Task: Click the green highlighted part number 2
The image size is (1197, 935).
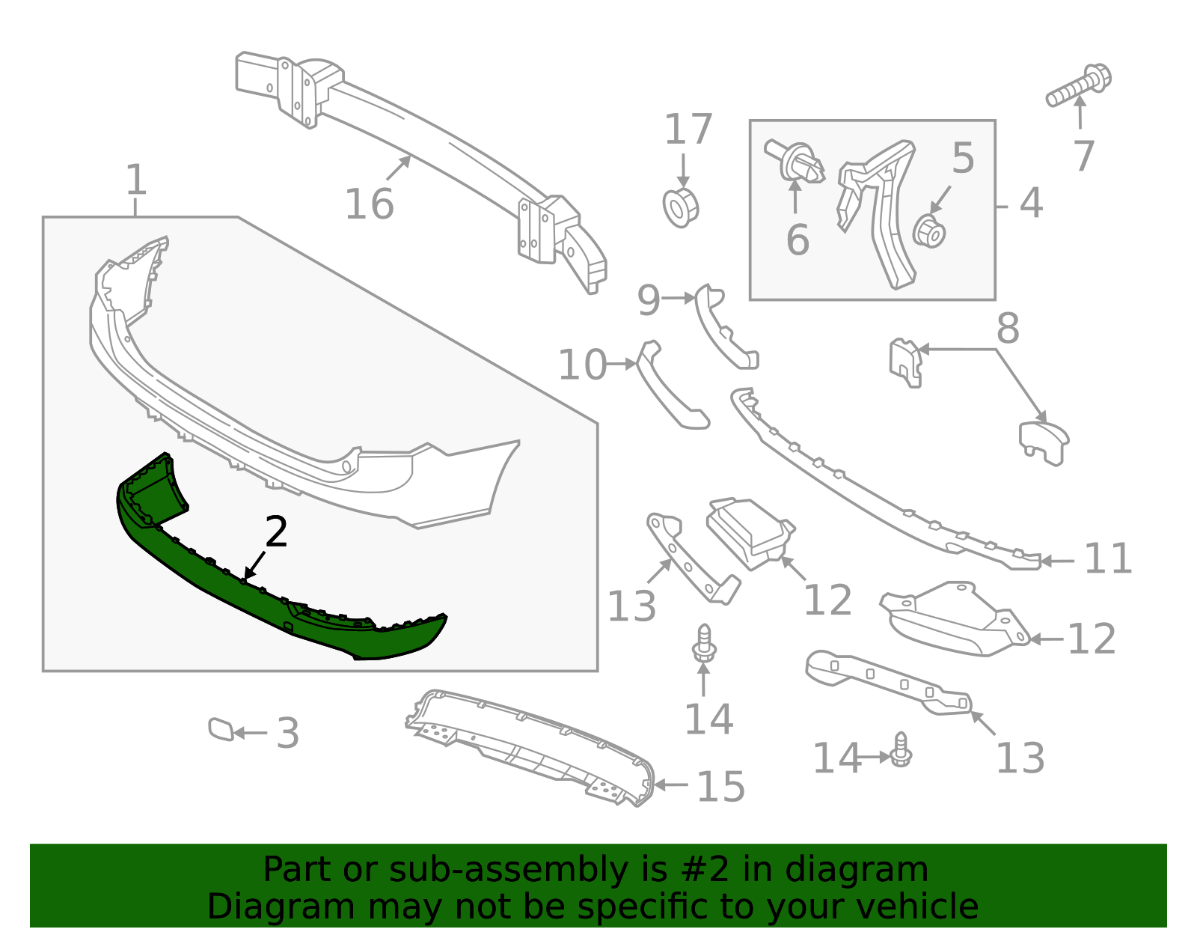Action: pos(247,591)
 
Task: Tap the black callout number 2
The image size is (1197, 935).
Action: pos(276,532)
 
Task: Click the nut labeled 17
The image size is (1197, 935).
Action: pos(681,207)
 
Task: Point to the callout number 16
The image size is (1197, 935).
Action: pos(369,204)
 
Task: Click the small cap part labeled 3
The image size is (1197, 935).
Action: pos(221,728)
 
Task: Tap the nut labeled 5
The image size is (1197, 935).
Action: pos(929,231)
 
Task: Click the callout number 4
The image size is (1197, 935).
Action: pos(1031,204)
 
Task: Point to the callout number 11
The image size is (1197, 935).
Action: pos(1108,559)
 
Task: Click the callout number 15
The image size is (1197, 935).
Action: pos(720,788)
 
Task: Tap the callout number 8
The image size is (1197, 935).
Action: pos(1008,329)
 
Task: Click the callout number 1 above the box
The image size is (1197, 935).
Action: pos(135,180)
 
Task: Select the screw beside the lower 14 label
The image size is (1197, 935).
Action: pos(901,750)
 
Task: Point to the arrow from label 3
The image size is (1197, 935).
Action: pos(251,734)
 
